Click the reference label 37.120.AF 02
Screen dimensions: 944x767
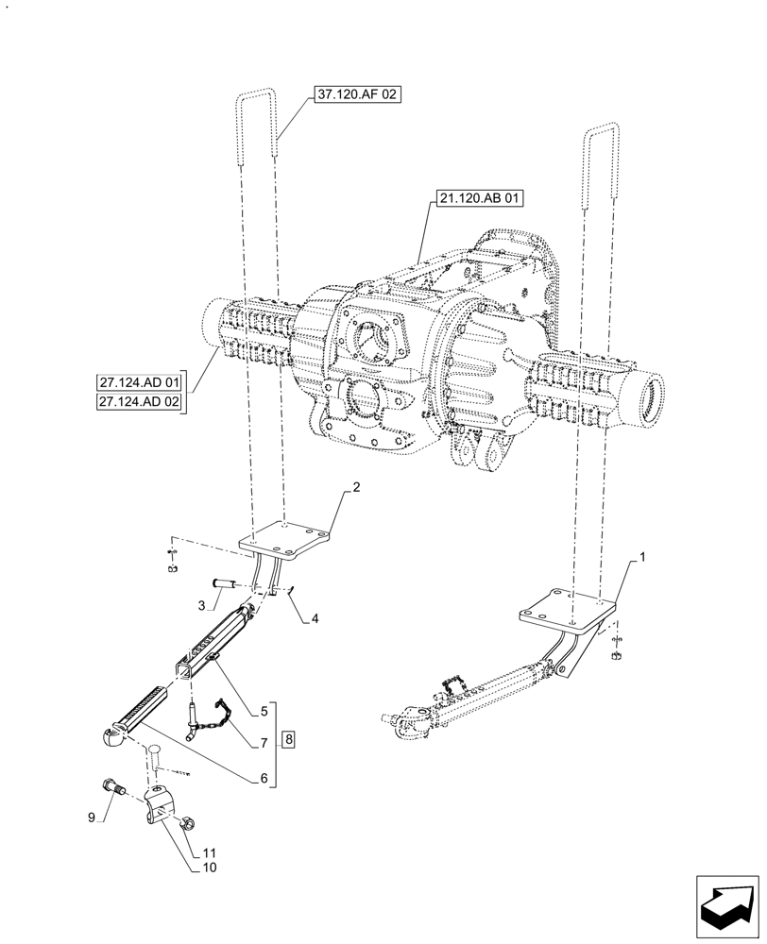(352, 94)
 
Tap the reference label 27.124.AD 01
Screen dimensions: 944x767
(139, 383)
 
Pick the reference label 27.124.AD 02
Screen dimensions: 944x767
(139, 403)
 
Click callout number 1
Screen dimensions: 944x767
(642, 558)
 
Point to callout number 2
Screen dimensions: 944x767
(356, 487)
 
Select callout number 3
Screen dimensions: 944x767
(201, 603)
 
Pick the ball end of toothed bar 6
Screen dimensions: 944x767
(110, 733)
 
